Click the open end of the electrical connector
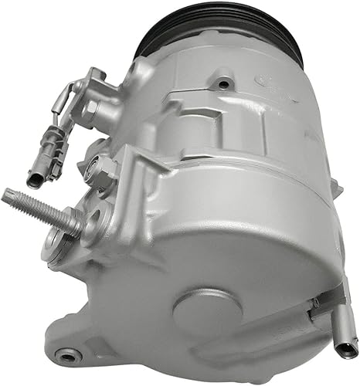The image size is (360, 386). click(x=36, y=180)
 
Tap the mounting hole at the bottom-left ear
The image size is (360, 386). click(x=72, y=355)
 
